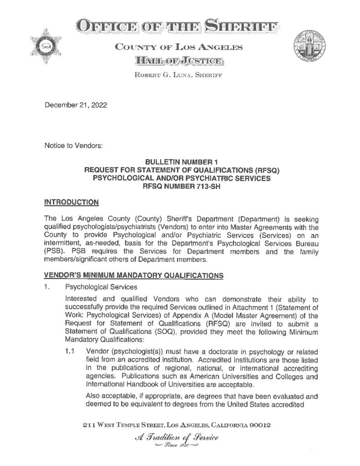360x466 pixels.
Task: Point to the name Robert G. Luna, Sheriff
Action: (178, 76)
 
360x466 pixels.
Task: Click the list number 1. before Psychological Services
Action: (47, 287)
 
